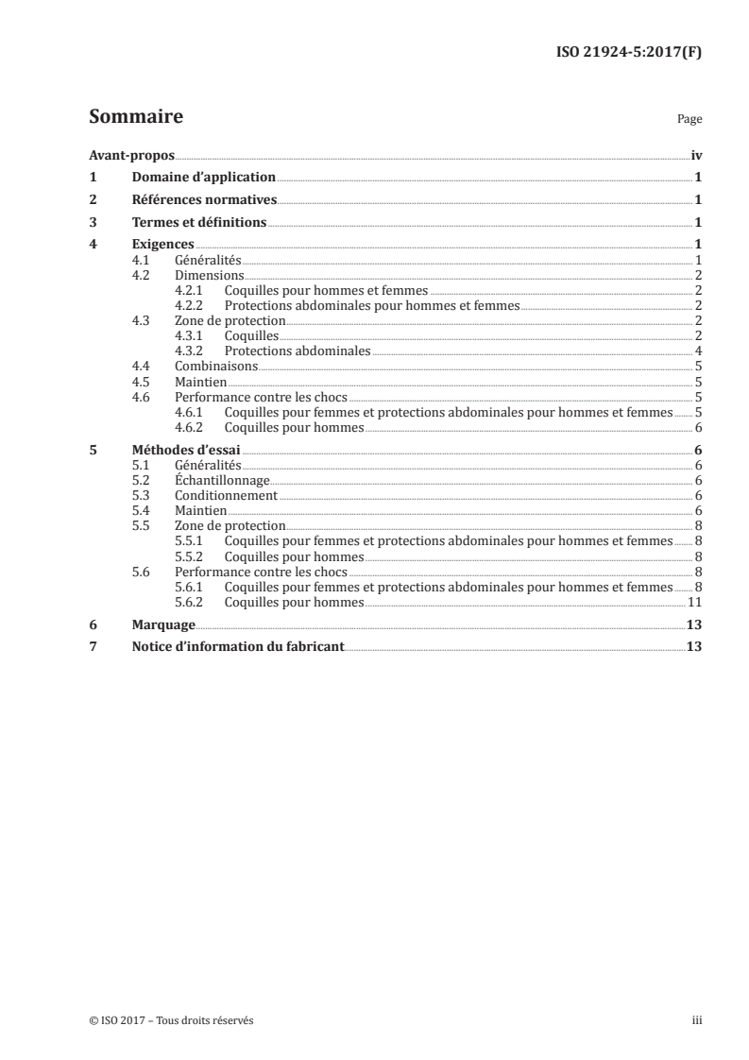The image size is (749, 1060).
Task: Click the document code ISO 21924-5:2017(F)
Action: pyautogui.click(x=627, y=54)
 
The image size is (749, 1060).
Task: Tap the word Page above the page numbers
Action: pyautogui.click(x=689, y=120)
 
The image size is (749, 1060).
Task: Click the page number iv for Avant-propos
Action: pyautogui.click(x=696, y=155)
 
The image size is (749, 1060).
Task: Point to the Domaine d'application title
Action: pyautogui.click(x=204, y=177)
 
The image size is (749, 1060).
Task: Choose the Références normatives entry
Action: pyautogui.click(x=204, y=199)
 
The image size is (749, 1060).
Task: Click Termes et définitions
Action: pyautogui.click(x=199, y=223)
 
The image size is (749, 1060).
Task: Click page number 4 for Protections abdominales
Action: pyautogui.click(x=697, y=350)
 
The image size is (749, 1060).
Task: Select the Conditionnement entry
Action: pyautogui.click(x=226, y=495)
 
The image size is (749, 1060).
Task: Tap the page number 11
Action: pyautogui.click(x=694, y=602)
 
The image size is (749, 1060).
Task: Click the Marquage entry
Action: pyautogui.click(x=163, y=624)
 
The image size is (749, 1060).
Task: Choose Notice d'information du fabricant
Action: pyautogui.click(x=238, y=647)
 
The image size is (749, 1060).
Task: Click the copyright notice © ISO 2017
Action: pyautogui.click(x=171, y=1020)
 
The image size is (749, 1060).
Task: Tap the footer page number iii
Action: pyautogui.click(x=697, y=1020)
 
